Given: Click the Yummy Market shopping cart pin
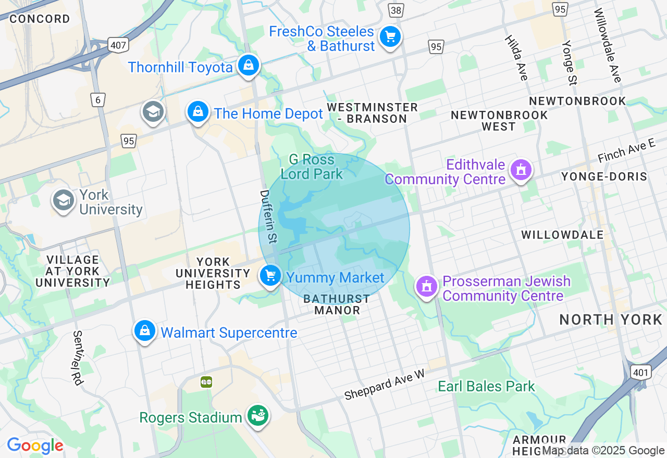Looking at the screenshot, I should (270, 276).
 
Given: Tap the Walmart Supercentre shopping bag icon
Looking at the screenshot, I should (145, 330).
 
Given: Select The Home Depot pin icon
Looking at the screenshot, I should (198, 112).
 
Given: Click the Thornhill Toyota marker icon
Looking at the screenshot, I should (249, 66).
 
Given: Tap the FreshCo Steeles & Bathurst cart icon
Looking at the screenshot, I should (390, 37).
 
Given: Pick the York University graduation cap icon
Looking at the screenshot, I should (63, 200).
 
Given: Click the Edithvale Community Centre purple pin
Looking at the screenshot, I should (521, 170).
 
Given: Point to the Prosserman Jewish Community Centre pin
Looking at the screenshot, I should (427, 286).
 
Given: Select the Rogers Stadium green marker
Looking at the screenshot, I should (257, 416).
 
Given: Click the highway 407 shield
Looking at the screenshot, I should (119, 45).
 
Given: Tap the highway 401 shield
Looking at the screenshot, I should (639, 372).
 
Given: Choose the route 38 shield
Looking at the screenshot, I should (396, 10).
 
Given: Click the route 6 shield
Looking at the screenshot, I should (97, 100).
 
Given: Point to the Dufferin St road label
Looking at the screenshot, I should (269, 217).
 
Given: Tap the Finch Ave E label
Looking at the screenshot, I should (626, 150).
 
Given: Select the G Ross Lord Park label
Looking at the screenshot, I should (312, 167).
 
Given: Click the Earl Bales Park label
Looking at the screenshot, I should (486, 386).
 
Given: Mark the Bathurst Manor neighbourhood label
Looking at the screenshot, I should (337, 304).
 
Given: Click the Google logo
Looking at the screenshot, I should (35, 446).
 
